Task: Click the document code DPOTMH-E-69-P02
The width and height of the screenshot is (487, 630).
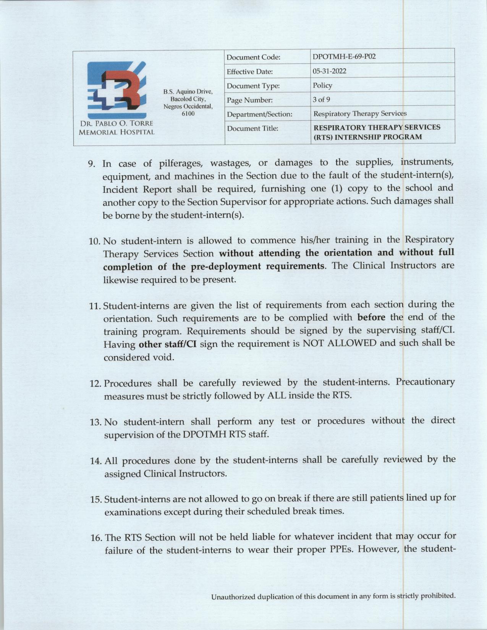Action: (x=344, y=57)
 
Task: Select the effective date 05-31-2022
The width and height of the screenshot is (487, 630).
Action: (x=330, y=71)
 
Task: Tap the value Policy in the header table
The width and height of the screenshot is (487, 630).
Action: (x=322, y=85)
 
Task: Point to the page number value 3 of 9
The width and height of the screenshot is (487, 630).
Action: (x=321, y=100)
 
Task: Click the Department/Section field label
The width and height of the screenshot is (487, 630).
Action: (x=260, y=114)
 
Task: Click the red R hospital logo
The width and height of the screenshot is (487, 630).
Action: (x=116, y=90)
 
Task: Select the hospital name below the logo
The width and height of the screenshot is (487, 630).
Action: (x=116, y=128)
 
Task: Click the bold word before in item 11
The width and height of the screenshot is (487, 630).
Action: (x=371, y=317)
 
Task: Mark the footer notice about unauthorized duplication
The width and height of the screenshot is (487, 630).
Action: (x=333, y=596)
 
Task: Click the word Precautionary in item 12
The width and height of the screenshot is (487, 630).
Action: (x=425, y=382)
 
